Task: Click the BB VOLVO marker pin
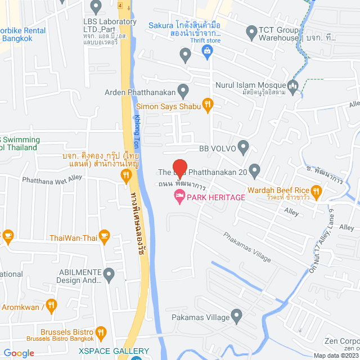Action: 243,148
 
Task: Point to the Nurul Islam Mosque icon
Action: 292,85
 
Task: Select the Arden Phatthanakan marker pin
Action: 183,89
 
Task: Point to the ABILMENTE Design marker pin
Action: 109,275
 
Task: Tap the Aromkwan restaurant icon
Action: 52,306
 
